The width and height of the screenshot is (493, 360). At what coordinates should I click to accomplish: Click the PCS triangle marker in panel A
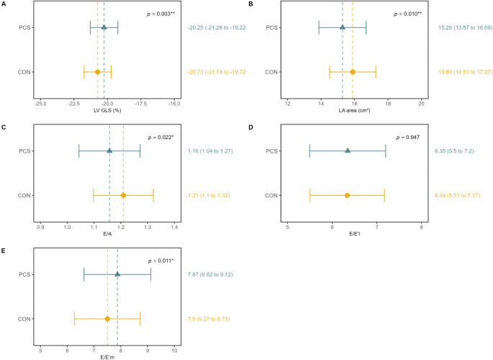[104, 27]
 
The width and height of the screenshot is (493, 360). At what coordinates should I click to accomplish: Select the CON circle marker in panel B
[353, 72]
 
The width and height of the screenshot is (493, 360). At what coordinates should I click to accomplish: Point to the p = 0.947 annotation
[408, 138]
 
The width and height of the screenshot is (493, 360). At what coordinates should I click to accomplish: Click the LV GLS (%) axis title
[107, 110]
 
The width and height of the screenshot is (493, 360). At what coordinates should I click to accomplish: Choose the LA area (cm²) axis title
[354, 110]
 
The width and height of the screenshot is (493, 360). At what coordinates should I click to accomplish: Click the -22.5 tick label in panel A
[74, 104]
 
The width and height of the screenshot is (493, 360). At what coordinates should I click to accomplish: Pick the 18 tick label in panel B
[388, 104]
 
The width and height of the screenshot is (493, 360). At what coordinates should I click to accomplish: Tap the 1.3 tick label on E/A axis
[148, 228]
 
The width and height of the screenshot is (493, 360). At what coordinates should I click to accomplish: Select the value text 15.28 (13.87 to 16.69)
[466, 27]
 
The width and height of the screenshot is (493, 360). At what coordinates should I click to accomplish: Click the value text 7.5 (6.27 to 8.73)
[209, 319]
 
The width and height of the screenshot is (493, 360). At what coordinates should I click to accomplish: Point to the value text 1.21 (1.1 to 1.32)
[209, 196]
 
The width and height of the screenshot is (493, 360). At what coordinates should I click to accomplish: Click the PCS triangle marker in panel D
[348, 150]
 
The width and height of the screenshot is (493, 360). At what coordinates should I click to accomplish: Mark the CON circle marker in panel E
[107, 319]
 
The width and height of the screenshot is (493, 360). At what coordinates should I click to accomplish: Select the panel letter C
[4, 127]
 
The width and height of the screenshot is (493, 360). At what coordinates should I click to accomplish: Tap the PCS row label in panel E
[25, 274]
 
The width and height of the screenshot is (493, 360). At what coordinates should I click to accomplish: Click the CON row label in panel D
[271, 196]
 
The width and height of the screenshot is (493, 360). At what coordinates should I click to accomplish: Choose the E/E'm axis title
[107, 358]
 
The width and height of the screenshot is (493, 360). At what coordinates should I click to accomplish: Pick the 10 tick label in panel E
[174, 351]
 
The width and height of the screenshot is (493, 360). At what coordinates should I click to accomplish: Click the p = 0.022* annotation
[160, 138]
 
